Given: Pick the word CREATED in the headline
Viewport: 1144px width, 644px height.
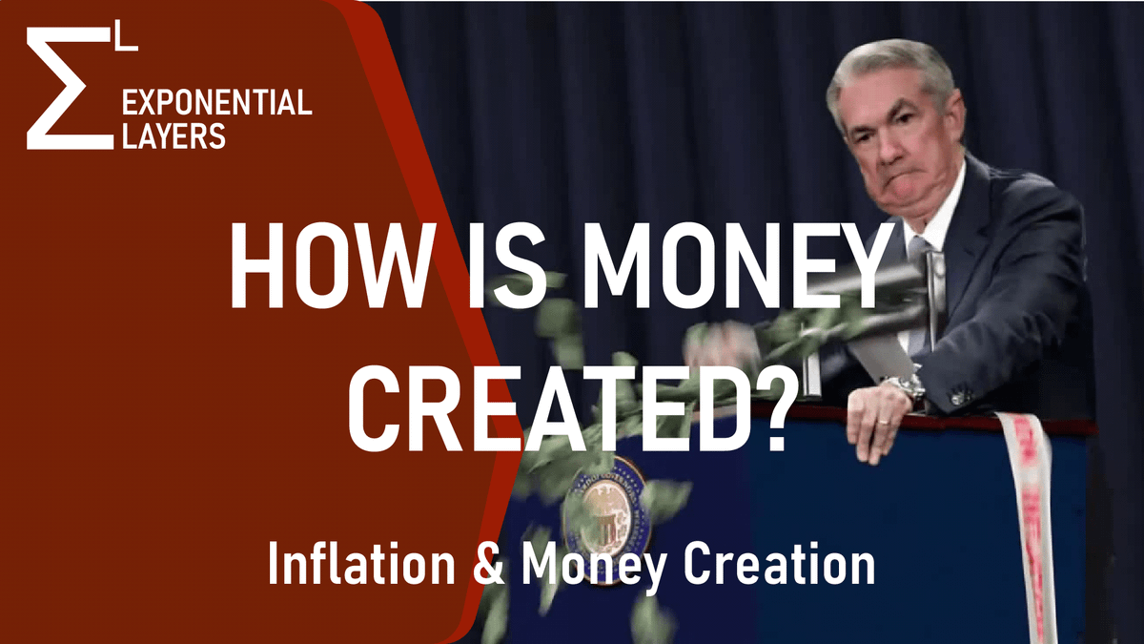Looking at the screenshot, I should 548,405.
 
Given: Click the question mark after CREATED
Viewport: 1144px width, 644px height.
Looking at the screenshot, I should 764,405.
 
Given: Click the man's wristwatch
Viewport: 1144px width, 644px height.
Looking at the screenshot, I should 907,386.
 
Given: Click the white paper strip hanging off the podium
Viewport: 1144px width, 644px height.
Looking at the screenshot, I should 1030,515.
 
